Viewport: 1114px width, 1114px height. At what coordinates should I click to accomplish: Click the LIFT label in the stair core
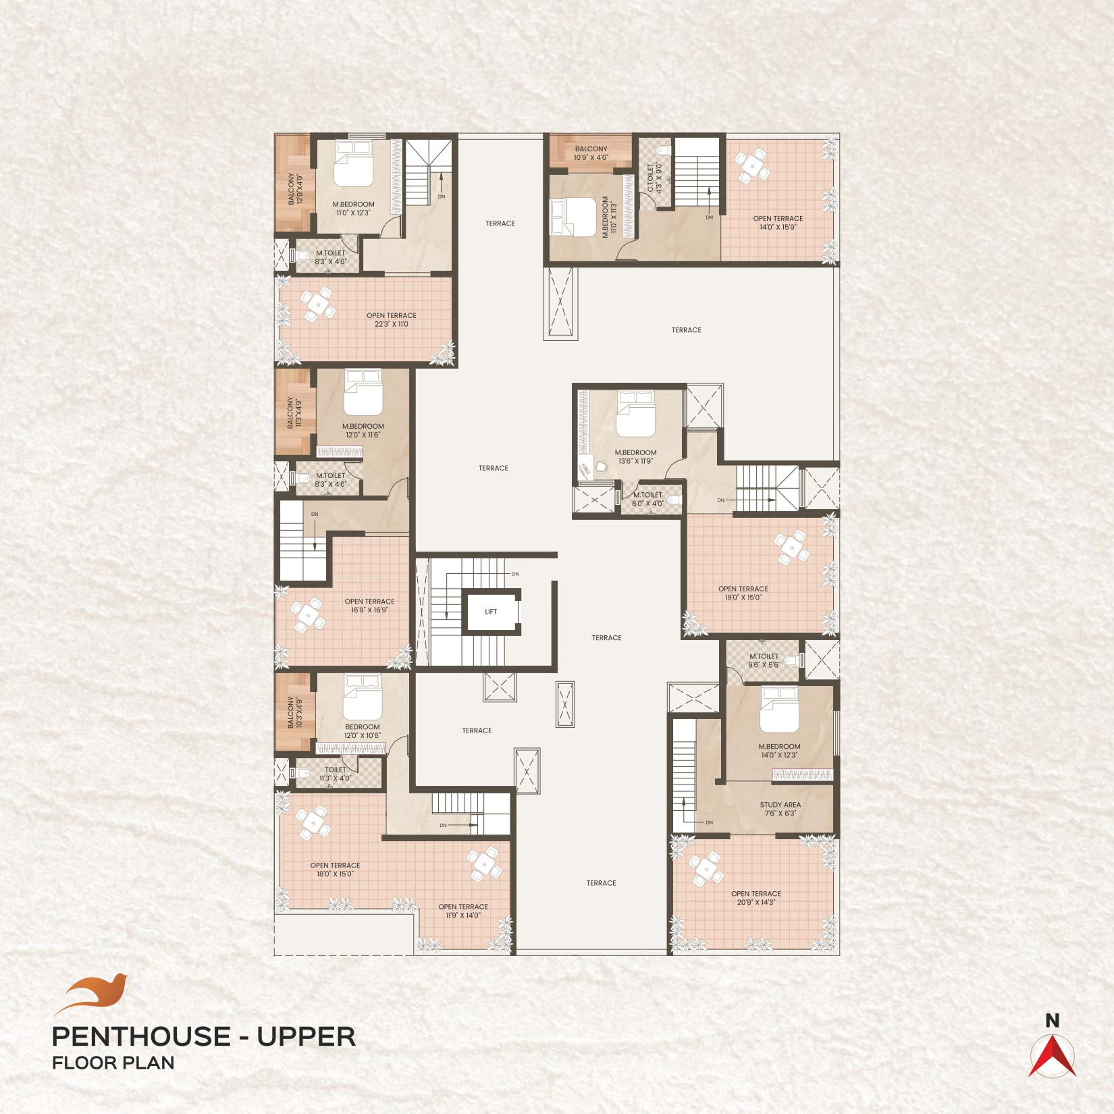tap(491, 612)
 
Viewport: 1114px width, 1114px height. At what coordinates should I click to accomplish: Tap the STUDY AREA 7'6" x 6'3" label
tap(780, 809)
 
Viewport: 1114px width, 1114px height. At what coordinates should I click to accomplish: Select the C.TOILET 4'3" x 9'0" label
tap(655, 178)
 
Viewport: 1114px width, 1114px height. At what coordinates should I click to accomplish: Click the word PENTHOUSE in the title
tap(140, 1036)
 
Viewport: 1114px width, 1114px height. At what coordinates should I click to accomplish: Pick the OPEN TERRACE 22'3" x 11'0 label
tap(392, 320)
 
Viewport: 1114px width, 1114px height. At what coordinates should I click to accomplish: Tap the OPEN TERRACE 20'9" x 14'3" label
tap(756, 898)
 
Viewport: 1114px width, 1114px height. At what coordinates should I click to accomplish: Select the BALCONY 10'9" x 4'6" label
tap(591, 153)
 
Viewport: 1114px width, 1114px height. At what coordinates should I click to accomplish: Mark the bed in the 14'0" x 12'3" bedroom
tap(779, 709)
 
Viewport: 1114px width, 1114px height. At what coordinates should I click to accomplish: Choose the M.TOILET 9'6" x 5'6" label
tap(764, 660)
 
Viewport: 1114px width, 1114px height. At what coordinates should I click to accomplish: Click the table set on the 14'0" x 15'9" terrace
tap(752, 167)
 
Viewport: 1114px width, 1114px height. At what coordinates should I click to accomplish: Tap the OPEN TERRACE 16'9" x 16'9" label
tap(369, 606)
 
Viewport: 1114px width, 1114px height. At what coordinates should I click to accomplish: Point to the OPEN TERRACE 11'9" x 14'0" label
tap(463, 911)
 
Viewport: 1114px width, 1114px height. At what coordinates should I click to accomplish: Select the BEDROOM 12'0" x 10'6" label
tap(363, 731)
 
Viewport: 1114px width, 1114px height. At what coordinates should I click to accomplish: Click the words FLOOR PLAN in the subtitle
tap(113, 1063)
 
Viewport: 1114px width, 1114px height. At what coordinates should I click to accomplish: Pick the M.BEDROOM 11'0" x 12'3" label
tap(353, 209)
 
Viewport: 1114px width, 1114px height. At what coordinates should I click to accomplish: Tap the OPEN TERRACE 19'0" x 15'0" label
tap(743, 593)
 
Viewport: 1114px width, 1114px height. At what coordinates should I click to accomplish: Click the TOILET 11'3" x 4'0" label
tap(336, 774)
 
